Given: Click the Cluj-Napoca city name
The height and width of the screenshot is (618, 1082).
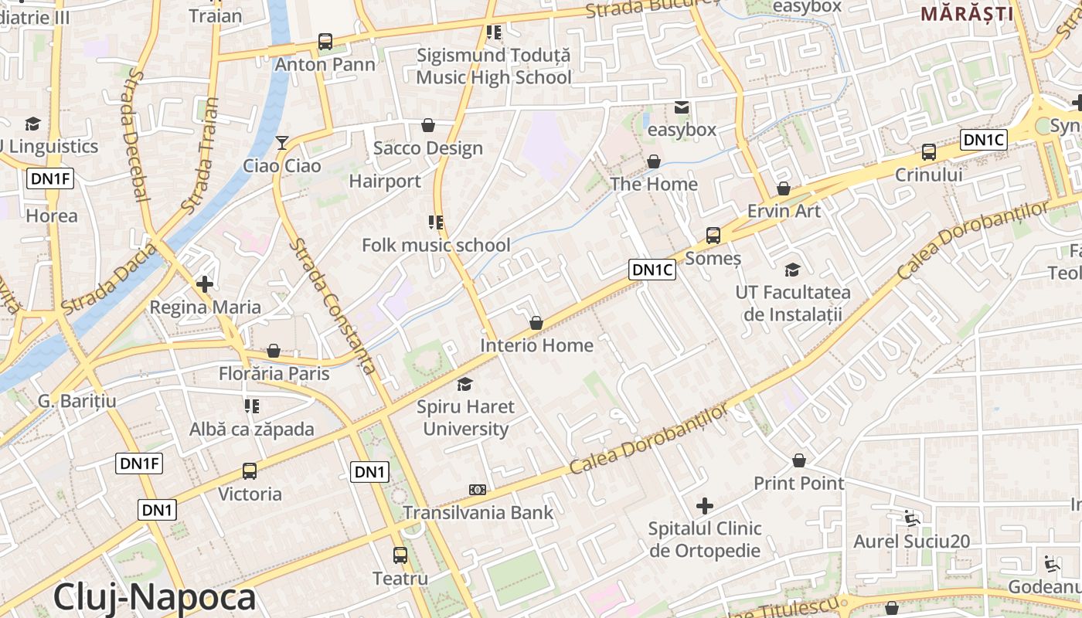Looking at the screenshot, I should point(155,598).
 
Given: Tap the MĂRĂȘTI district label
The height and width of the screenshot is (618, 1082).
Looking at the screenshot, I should point(967,13).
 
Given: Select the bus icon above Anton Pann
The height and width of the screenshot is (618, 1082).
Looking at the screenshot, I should point(325,42).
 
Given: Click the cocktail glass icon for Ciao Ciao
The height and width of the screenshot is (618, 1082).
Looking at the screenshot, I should point(282,143).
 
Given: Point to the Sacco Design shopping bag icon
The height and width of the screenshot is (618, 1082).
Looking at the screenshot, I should point(428,125).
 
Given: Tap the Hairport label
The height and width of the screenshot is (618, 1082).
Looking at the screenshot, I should point(385,182).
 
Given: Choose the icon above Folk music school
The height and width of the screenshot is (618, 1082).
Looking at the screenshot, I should point(436,222).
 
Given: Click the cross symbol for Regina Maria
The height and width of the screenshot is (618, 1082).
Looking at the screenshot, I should point(205,284).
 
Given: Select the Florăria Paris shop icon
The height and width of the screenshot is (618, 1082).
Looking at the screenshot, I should point(273,351).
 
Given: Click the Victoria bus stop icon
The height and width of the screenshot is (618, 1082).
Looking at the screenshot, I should point(250,470).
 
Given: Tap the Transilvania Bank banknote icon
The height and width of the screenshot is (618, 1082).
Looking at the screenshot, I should point(478,490).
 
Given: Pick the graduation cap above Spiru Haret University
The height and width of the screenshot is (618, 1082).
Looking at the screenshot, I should point(464,384).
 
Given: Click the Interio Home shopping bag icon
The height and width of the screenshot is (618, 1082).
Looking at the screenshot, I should point(536,323).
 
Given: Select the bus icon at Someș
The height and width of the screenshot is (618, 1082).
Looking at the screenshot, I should point(713,236).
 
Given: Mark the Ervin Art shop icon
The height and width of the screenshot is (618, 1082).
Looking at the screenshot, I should point(784,188).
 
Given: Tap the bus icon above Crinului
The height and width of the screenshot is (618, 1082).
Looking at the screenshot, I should point(929,152).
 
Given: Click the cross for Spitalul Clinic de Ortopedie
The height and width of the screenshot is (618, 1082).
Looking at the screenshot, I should point(705,506).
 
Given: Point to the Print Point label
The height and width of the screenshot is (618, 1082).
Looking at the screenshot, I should point(799,484).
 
